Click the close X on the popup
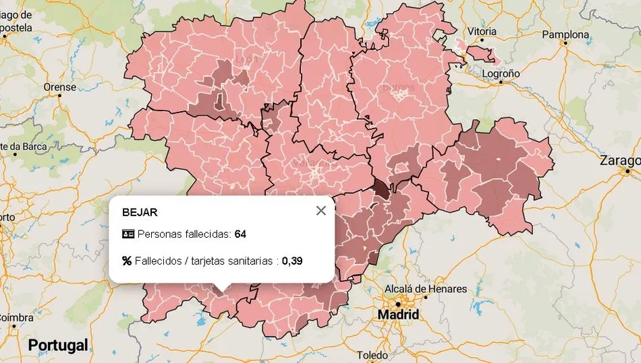(x=320, y=211)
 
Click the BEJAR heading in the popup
(x=140, y=211)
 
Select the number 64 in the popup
(x=240, y=234)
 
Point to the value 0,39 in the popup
(x=292, y=261)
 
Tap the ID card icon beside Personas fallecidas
(x=128, y=234)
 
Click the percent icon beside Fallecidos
(x=127, y=261)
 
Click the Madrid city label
(x=398, y=315)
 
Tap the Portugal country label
(x=58, y=345)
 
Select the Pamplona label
(x=565, y=34)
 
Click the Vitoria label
(x=482, y=32)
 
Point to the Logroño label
(x=501, y=73)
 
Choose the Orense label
(x=60, y=86)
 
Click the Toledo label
(x=372, y=355)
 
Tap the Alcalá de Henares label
(x=425, y=289)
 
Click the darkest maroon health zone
(x=382, y=189)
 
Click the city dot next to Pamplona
(x=565, y=43)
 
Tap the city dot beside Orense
(x=60, y=95)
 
